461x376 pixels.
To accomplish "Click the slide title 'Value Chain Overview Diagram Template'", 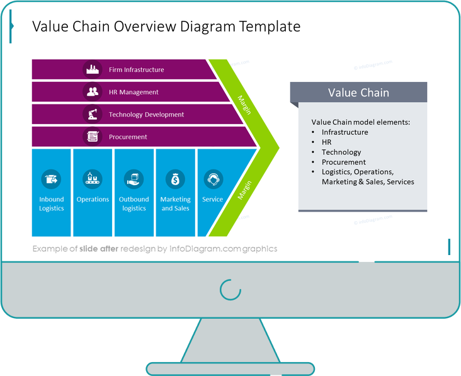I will (x=166, y=26).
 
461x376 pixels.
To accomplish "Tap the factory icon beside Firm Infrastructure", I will (x=93, y=69).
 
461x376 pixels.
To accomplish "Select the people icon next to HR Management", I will (x=93, y=92).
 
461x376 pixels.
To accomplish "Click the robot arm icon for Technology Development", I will (x=93, y=115).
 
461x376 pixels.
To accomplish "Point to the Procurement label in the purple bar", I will (x=128, y=137).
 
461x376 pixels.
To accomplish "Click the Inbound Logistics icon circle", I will (x=51, y=179).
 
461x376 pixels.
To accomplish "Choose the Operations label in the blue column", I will (x=93, y=199).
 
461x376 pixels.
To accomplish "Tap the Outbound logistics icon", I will (x=134, y=179).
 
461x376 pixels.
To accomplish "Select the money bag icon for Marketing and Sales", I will (x=175, y=179).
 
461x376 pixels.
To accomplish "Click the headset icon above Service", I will (x=213, y=179).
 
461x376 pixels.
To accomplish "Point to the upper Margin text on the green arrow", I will (x=245, y=105).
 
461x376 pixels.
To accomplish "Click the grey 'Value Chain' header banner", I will (x=358, y=93).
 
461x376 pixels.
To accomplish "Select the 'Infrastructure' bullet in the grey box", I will (x=344, y=132).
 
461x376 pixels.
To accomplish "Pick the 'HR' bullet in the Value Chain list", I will (x=326, y=142).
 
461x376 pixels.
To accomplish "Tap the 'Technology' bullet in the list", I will (x=341, y=152).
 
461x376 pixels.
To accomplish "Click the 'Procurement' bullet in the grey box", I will (x=343, y=162).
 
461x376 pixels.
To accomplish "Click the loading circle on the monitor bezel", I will (x=230, y=290).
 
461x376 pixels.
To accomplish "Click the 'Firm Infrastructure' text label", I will (x=136, y=69).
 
